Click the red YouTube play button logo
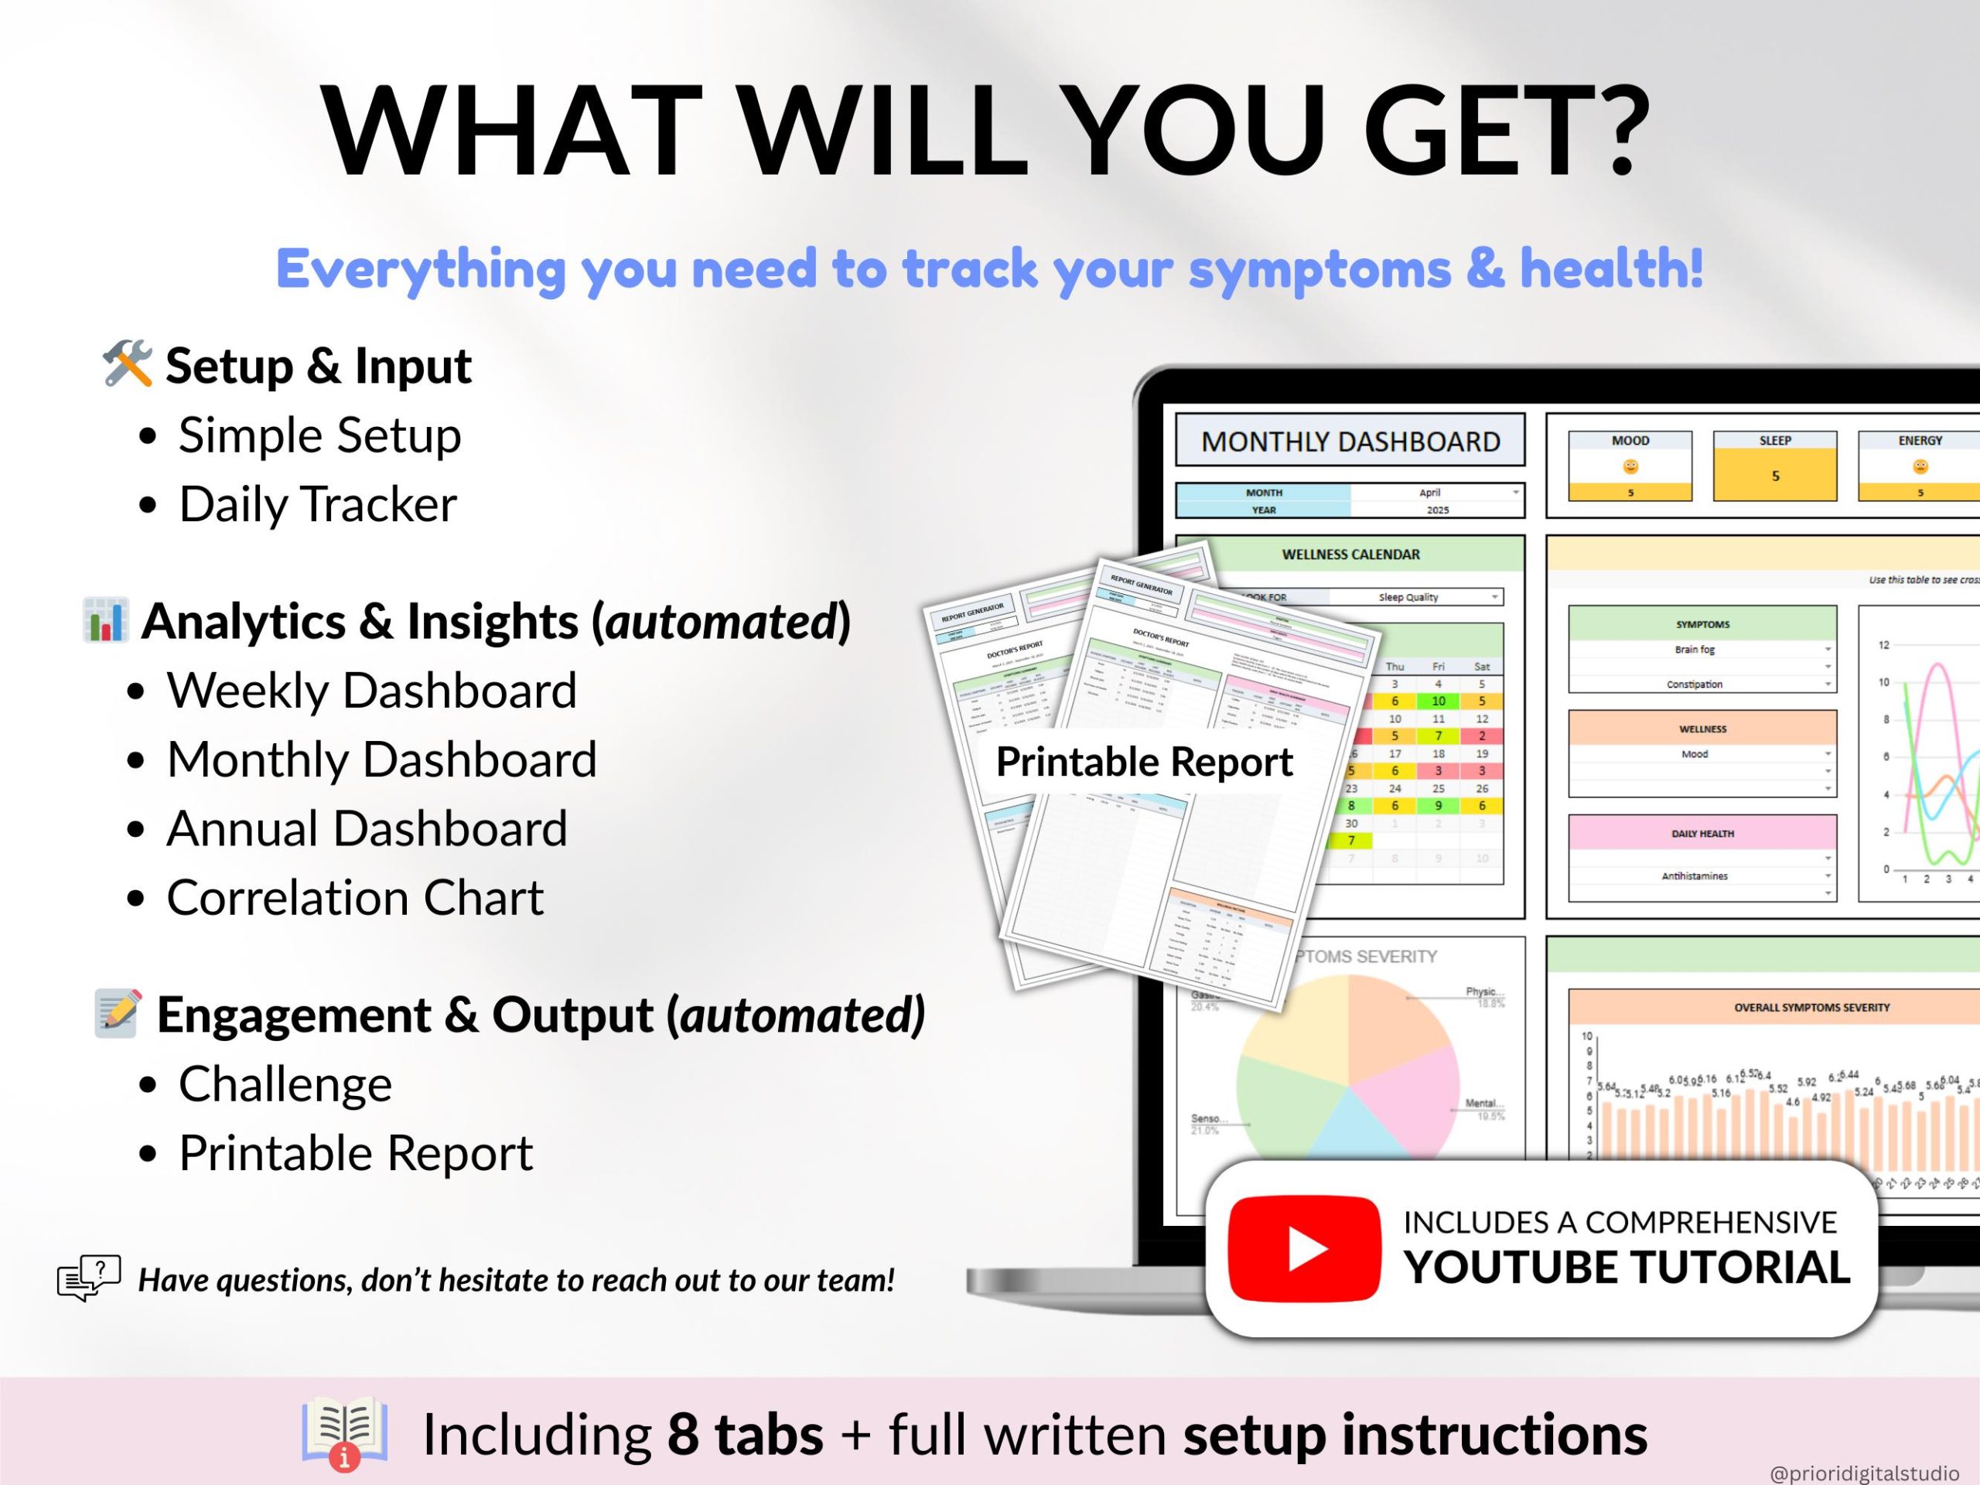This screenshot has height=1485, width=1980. (1303, 1248)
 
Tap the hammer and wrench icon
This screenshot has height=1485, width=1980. (126, 364)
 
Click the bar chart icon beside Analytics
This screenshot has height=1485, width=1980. (106, 620)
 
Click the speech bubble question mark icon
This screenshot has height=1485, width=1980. (89, 1278)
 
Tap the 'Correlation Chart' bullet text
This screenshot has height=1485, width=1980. (354, 897)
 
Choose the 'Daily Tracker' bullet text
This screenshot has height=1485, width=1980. (318, 504)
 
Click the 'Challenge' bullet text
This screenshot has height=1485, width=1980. (285, 1084)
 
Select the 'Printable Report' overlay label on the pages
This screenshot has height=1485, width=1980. (1143, 762)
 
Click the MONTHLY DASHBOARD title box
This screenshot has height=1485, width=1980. (1350, 442)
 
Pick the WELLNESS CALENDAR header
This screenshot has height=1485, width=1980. (1350, 554)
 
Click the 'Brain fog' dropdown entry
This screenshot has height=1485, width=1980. (1695, 649)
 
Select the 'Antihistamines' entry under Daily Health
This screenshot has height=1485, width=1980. (1695, 876)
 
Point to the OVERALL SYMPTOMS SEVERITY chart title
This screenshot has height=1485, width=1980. (1811, 1007)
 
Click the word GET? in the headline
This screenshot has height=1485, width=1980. (1504, 130)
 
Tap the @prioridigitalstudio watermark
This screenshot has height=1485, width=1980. (1864, 1473)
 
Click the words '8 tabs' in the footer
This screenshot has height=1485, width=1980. (745, 1434)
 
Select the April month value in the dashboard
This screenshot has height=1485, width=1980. (1429, 493)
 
